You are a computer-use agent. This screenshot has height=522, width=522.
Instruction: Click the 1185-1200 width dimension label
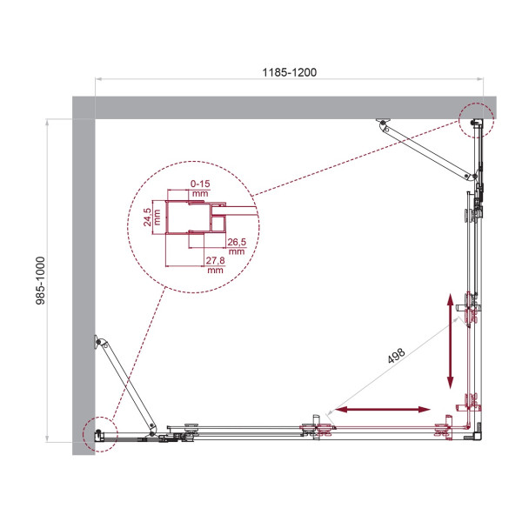(290, 72)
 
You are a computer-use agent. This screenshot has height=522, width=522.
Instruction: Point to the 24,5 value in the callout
(148, 215)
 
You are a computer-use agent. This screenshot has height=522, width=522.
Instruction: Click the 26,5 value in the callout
(236, 242)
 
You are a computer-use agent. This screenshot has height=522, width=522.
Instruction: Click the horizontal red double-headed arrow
(382, 409)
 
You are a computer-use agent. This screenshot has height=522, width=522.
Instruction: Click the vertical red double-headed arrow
(451, 341)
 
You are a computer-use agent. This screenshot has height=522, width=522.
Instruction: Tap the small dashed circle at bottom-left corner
(99, 432)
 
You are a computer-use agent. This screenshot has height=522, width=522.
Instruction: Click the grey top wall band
(287, 108)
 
